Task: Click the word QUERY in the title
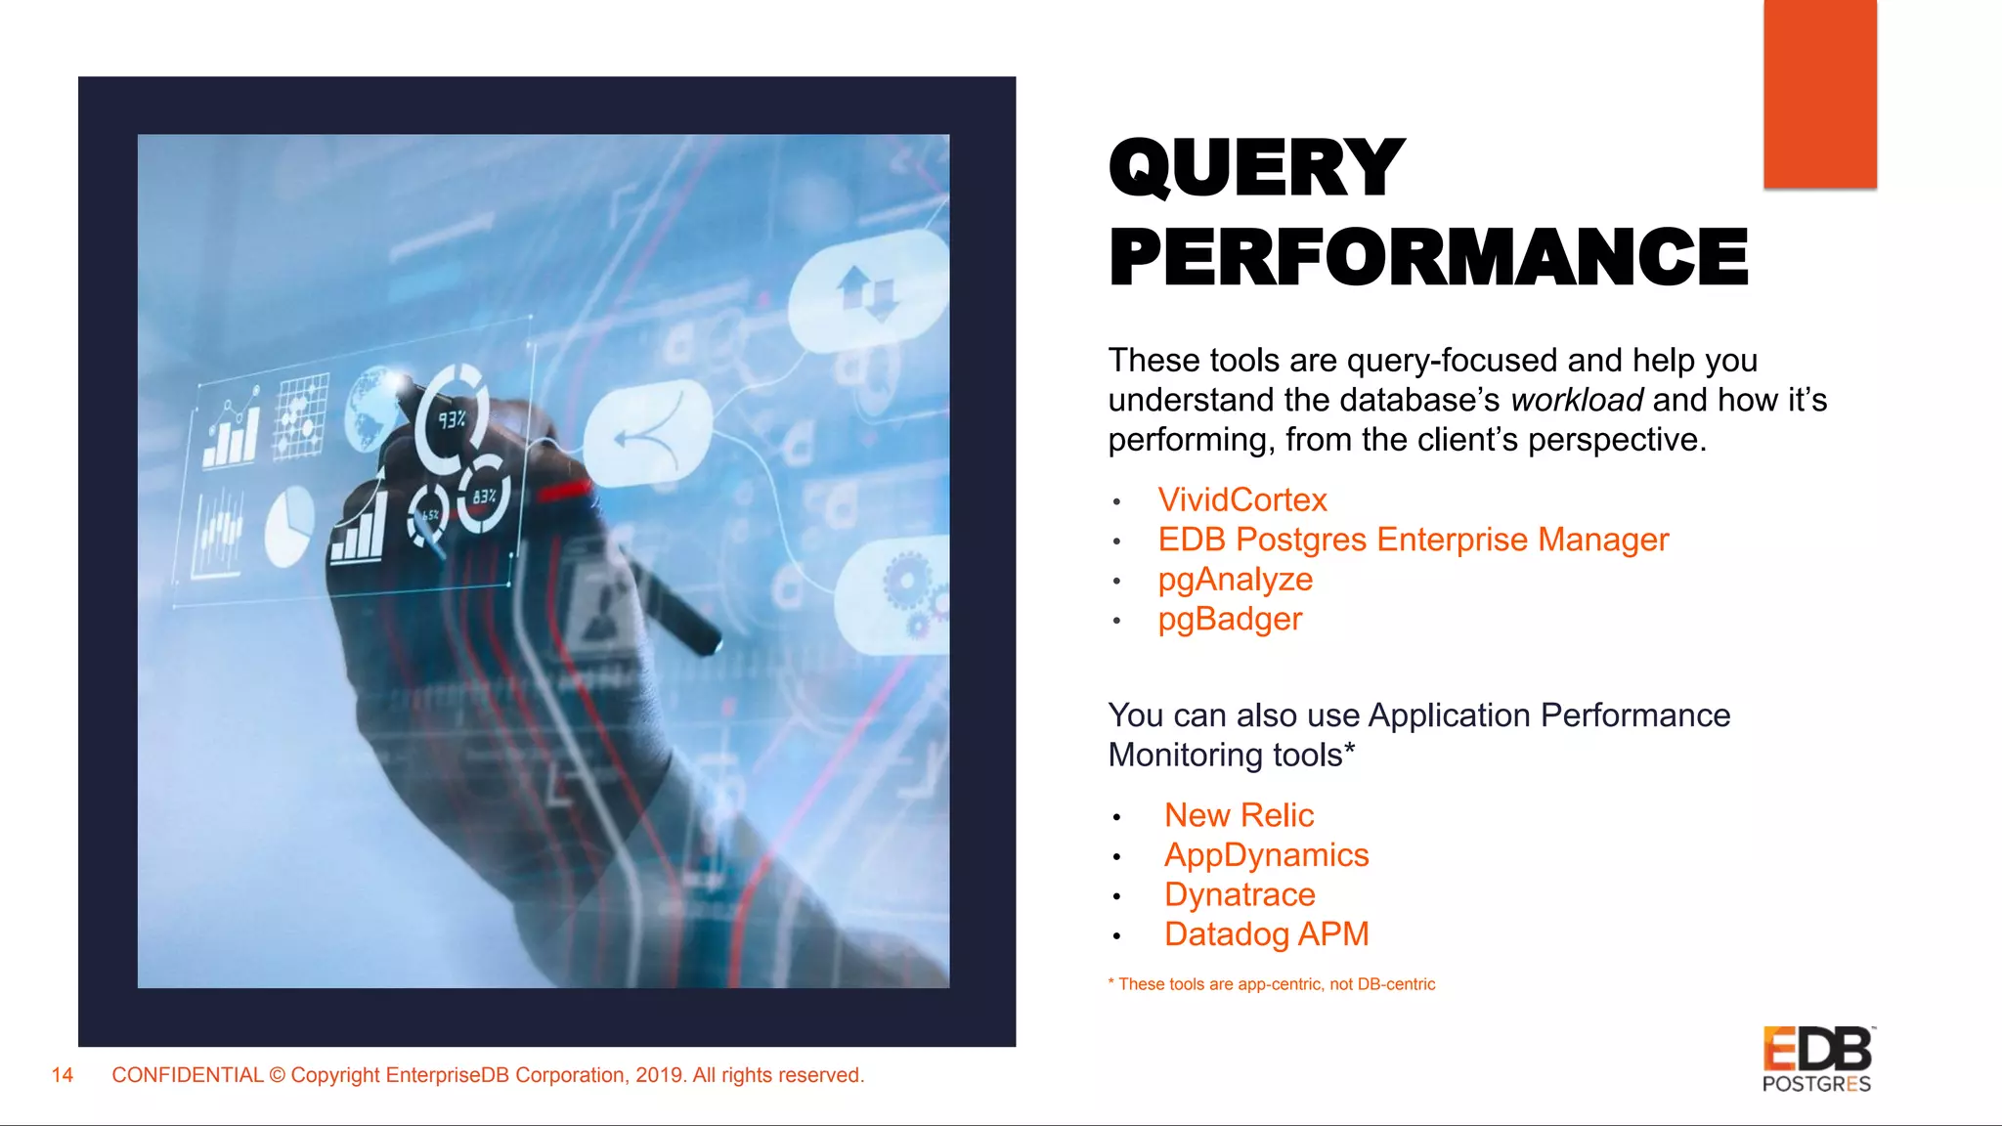click(1256, 168)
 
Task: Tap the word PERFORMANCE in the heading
click(1428, 257)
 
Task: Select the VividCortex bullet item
click(1241, 500)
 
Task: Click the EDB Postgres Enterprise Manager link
click(1413, 540)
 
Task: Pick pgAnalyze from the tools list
click(1235, 580)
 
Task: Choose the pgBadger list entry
click(1230, 620)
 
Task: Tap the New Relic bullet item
click(1239, 815)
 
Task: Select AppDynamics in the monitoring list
click(1266, 855)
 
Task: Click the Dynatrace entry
click(1240, 895)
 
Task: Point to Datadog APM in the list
click(1266, 934)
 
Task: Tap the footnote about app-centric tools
click(1272, 984)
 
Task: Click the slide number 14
click(63, 1076)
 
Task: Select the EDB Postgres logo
click(1816, 1060)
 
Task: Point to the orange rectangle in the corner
click(1819, 94)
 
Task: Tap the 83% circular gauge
click(484, 495)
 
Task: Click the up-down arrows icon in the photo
click(866, 291)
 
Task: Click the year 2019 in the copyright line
click(659, 1076)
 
